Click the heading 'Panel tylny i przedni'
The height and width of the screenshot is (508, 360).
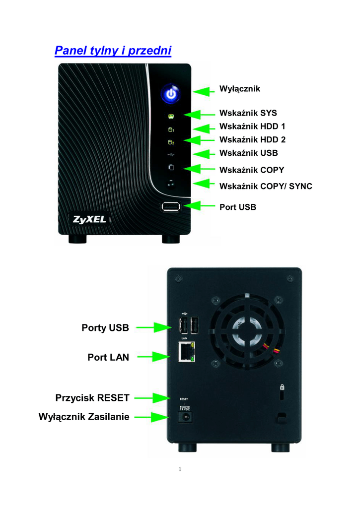pyautogui.click(x=113, y=51)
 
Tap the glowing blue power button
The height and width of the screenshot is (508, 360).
pyautogui.click(x=170, y=94)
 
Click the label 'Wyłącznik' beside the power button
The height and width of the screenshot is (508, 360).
pyautogui.click(x=240, y=89)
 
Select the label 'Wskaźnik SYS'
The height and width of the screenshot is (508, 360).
pyautogui.click(x=248, y=113)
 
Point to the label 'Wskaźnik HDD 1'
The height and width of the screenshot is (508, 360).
pyautogui.click(x=252, y=127)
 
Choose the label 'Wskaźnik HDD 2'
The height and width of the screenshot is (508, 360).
pyautogui.click(x=252, y=140)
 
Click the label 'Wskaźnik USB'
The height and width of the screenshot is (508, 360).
pyautogui.click(x=248, y=153)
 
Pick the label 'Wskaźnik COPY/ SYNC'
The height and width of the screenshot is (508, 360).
pyautogui.click(x=266, y=187)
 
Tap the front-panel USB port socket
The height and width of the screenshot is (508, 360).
pyautogui.click(x=171, y=206)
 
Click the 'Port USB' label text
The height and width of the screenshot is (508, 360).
pyautogui.click(x=238, y=207)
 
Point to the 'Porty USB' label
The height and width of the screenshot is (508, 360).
pyautogui.click(x=105, y=328)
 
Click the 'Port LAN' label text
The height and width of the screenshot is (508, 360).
pyautogui.click(x=108, y=357)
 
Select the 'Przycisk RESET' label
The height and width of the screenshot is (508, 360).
pyautogui.click(x=92, y=398)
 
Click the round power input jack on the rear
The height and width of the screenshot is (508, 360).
pyautogui.click(x=186, y=417)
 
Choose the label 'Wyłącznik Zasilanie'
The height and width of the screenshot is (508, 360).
pyautogui.click(x=84, y=417)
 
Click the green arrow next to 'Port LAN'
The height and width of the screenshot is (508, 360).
pyautogui.click(x=154, y=356)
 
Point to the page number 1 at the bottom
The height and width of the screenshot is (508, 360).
pyautogui.click(x=180, y=469)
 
